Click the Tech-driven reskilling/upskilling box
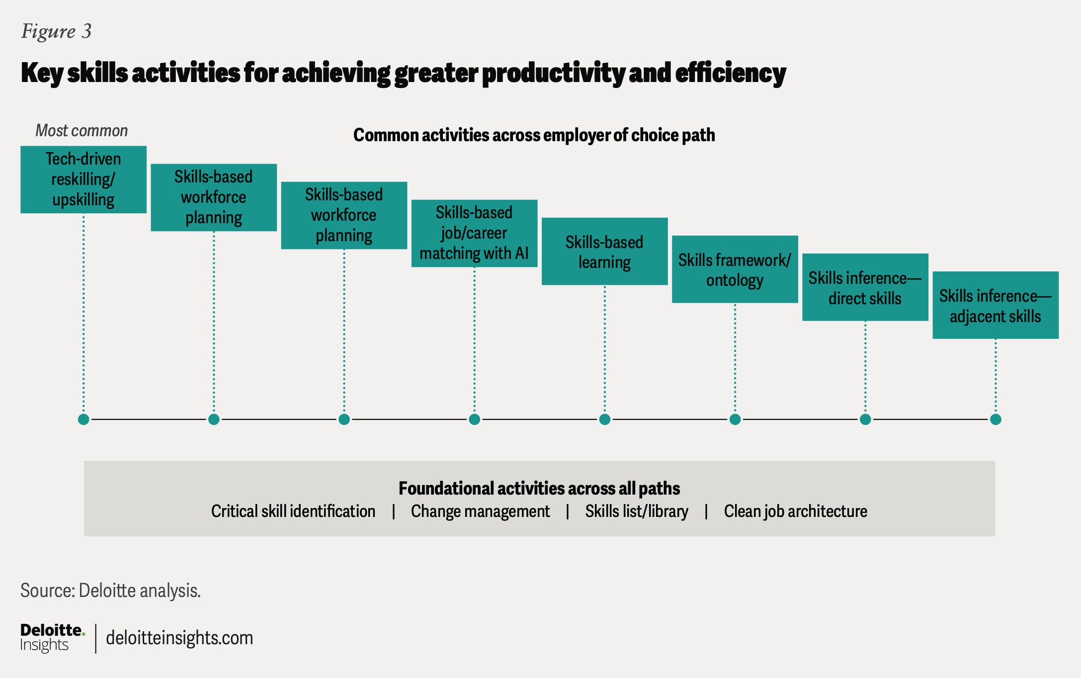[83, 179]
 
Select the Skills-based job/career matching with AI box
[474, 233]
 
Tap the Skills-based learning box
[604, 252]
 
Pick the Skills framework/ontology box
[735, 269]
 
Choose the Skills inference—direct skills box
[865, 287]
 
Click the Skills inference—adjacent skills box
[995, 305]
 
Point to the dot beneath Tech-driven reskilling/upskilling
[83, 420]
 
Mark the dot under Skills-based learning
[604, 420]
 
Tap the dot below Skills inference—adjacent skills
[996, 420]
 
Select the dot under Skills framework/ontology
[735, 420]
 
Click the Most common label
[82, 131]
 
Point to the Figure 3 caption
[56, 31]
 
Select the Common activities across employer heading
[534, 135]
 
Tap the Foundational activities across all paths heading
[539, 489]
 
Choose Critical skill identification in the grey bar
[293, 511]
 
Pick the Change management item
[480, 511]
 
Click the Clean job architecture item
[795, 511]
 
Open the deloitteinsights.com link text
[179, 638]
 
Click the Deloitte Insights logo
[52, 638]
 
